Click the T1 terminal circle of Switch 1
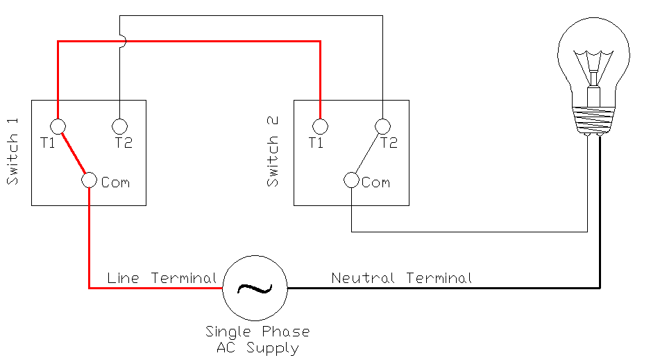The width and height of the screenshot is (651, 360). click(58, 126)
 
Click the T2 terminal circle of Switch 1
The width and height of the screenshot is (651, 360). click(120, 126)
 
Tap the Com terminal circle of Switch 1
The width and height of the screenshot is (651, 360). click(89, 180)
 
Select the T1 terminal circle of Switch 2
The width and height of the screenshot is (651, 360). click(320, 126)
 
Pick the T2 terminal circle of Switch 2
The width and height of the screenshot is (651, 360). click(382, 126)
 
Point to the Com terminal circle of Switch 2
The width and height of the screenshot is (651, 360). click(351, 180)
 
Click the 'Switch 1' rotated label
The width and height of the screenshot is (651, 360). click(12, 152)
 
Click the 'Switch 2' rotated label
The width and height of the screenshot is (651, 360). click(273, 152)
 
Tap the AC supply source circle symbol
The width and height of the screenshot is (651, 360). click(255, 287)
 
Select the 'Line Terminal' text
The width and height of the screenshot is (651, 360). click(162, 278)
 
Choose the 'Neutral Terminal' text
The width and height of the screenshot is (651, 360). click(401, 278)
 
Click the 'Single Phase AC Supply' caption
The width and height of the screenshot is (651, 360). click(257, 340)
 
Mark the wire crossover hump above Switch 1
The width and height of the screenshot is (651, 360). click(122, 42)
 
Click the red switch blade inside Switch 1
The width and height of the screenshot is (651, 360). click(74, 153)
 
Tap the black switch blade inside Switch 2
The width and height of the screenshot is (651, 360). click(367, 153)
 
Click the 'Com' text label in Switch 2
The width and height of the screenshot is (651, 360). click(375, 182)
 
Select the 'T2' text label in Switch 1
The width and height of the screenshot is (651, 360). click(124, 144)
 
